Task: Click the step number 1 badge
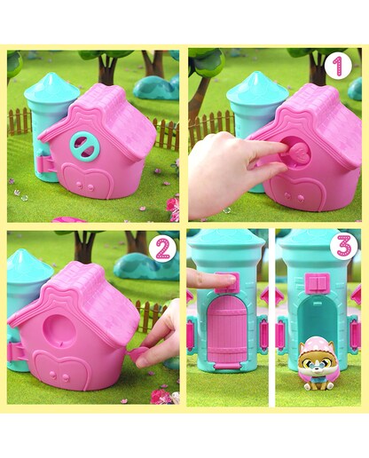338,67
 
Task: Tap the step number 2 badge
162,249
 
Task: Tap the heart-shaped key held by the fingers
299,154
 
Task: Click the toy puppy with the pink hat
314,366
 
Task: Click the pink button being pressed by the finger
228,282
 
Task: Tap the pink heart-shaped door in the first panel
85,180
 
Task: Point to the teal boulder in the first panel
156,87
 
